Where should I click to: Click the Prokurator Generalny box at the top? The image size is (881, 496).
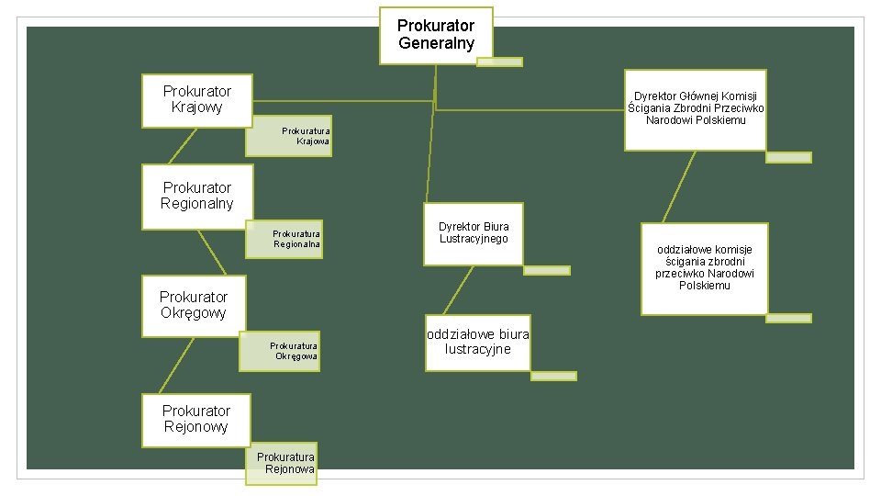pos(436,35)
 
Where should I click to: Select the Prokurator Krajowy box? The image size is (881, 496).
pos(196,99)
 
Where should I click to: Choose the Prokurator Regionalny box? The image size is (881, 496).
pos(196,196)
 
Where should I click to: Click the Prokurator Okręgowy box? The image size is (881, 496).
pos(193,305)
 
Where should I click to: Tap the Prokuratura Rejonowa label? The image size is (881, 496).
pos(282,463)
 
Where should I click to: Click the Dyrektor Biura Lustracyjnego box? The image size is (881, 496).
pos(473,233)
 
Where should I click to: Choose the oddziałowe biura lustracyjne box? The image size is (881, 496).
pos(477,342)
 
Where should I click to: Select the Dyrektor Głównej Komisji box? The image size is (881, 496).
pos(695,108)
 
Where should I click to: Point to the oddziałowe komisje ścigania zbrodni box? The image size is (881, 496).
pos(704,268)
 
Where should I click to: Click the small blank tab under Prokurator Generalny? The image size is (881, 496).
pos(499,62)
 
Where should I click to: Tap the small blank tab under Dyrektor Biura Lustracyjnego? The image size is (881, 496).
pos(546,270)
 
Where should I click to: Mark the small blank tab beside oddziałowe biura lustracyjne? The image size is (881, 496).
pos(553,376)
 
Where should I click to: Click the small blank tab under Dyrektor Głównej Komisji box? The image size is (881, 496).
pos(788,157)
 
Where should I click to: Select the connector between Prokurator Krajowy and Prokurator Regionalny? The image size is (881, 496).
pos(182,145)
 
